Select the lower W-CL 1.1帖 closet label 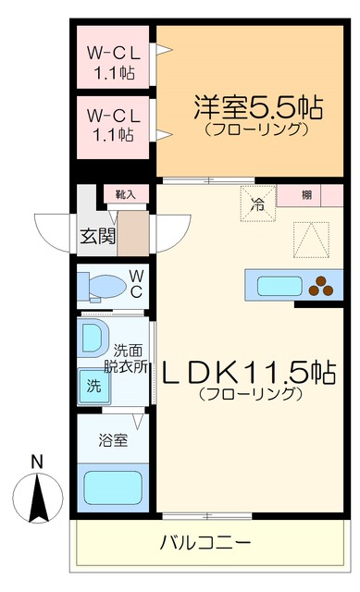[x=113, y=125]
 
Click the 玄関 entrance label [x=98, y=236]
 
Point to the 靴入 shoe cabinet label [x=125, y=194]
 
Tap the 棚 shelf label [x=306, y=195]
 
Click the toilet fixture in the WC [x=101, y=288]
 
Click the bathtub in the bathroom [x=113, y=487]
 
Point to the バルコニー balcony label [x=205, y=542]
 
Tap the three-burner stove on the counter [x=324, y=286]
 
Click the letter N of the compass [x=36, y=461]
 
